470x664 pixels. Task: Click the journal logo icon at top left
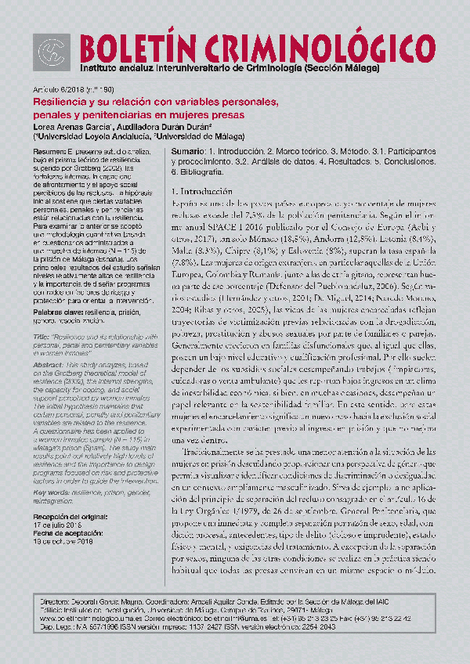52,52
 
